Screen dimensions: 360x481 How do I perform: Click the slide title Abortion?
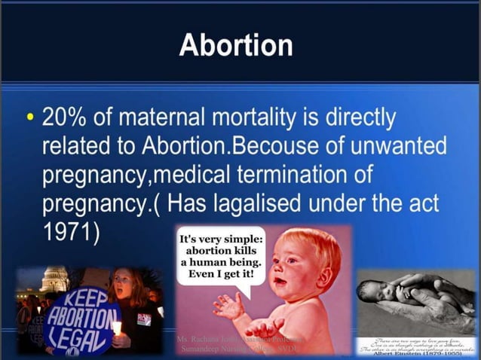pos(236,45)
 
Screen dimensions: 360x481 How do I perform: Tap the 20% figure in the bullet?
pos(67,118)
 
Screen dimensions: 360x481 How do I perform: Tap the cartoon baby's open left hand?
pos(265,327)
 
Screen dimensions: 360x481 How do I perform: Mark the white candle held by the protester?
pos(117,327)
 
